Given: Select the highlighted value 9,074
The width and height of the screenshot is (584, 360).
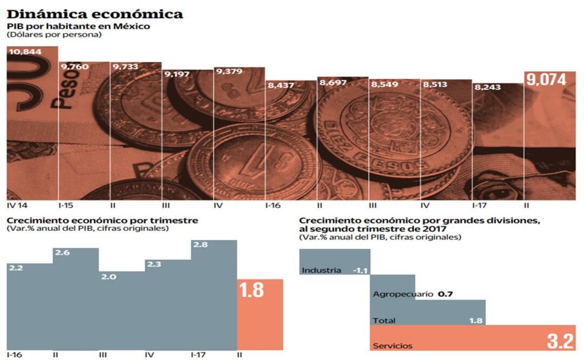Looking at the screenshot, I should [547, 80].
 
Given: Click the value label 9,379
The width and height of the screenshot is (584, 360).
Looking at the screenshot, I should [229, 71].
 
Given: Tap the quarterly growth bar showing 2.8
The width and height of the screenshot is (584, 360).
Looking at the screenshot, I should [214, 295].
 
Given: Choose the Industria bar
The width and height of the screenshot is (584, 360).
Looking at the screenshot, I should [334, 262].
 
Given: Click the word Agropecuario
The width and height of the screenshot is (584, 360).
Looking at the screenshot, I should [403, 294].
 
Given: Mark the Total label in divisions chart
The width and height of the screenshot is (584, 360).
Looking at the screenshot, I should [384, 321].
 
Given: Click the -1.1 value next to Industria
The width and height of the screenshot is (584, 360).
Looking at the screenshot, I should [360, 270].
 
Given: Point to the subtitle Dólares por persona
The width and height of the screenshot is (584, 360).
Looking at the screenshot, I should [54, 35].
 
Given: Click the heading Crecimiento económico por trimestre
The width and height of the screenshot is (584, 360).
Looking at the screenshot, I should [102, 221].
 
